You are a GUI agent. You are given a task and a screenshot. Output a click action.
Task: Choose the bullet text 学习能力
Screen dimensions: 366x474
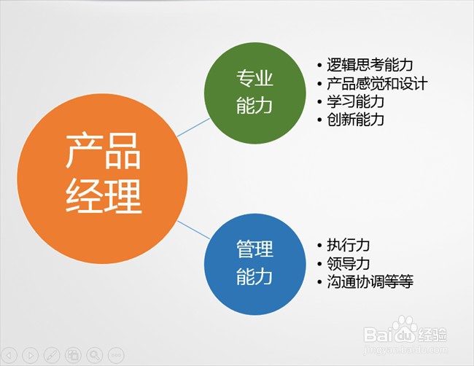click(x=357, y=101)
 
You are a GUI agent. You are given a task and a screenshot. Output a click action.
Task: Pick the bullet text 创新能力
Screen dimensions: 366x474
click(x=357, y=120)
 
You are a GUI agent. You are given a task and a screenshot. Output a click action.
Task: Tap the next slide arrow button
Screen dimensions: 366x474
click(x=30, y=354)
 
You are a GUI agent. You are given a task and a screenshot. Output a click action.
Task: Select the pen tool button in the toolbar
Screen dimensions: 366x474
click(x=51, y=354)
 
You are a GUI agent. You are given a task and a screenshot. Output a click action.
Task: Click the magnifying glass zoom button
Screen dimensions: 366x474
click(x=94, y=354)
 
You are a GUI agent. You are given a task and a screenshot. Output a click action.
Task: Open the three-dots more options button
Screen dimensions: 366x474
click(x=115, y=354)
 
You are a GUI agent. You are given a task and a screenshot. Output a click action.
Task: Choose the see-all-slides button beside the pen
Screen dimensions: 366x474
click(x=73, y=354)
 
